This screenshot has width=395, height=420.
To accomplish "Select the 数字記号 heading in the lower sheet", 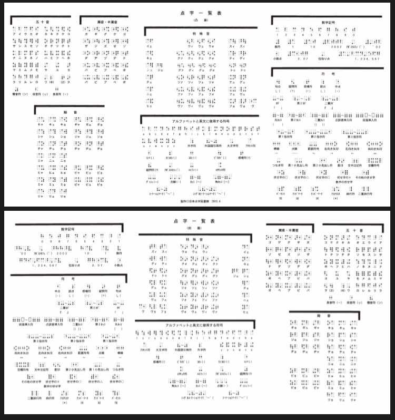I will pyautogui.click(x=69, y=229).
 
